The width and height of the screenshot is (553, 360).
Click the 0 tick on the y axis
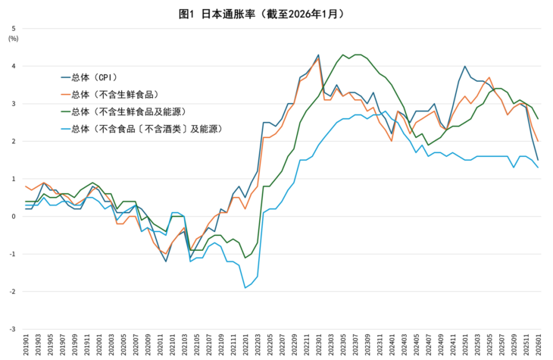click(13, 217)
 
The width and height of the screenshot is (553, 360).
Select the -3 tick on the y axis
click(11, 330)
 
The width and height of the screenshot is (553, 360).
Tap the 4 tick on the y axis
click(13, 67)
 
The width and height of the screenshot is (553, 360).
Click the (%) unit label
click(13, 39)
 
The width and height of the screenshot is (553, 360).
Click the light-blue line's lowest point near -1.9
click(245, 288)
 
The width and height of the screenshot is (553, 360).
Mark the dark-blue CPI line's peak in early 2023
click(318, 55)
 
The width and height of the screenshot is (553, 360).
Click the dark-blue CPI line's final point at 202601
click(538, 160)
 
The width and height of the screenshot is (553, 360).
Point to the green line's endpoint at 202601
click(538, 119)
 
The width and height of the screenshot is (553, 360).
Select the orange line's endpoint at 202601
click(538, 141)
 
